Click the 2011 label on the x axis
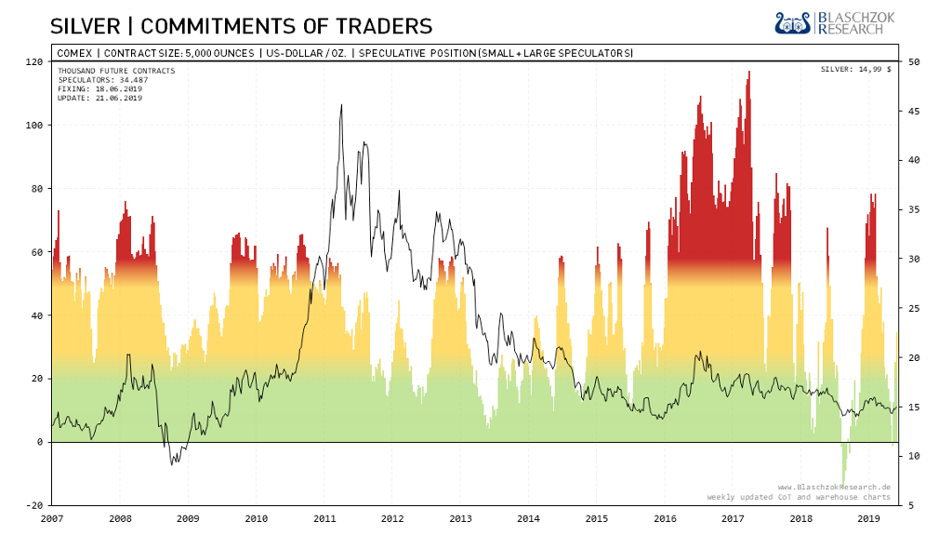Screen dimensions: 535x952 point(324,518)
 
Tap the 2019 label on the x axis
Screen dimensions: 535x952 point(868,518)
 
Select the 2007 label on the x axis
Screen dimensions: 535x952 point(52,518)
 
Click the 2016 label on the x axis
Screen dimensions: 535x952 point(664,518)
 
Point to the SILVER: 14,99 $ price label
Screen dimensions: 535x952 point(855,70)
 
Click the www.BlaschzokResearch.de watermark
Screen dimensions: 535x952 point(834,487)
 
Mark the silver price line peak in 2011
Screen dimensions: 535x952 point(341,106)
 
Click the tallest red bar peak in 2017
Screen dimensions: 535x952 point(748,74)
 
